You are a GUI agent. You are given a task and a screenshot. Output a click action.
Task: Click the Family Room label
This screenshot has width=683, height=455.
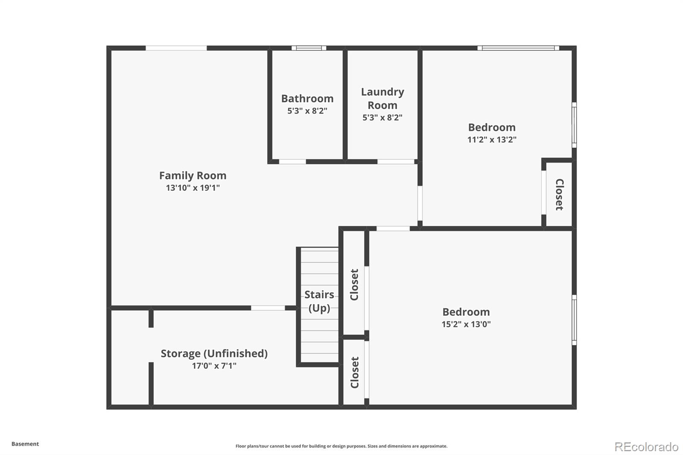[193, 176]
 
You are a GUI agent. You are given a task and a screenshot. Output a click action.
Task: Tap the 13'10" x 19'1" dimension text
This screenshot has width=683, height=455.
[193, 188]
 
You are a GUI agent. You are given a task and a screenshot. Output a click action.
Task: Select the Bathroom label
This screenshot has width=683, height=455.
[307, 99]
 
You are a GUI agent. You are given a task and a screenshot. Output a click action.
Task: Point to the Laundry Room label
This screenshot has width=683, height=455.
[382, 99]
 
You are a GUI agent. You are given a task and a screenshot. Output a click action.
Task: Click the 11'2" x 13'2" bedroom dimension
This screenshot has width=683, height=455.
[492, 140]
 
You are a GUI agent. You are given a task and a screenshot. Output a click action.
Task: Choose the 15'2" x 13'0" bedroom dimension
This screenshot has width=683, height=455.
[466, 324]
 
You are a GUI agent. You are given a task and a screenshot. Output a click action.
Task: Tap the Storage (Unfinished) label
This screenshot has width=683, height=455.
[214, 353]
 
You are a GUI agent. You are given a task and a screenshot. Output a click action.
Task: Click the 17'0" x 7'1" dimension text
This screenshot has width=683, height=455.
[214, 366]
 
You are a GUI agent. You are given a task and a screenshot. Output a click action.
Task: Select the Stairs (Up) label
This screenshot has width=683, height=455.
[319, 301]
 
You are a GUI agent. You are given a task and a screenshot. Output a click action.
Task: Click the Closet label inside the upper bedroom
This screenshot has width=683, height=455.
[560, 195]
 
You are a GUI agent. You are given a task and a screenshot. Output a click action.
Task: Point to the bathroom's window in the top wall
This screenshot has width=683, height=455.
[309, 48]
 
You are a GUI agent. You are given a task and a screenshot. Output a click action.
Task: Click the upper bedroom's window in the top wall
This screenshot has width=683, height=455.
[518, 48]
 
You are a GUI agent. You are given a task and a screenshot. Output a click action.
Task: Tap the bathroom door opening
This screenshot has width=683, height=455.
[292, 162]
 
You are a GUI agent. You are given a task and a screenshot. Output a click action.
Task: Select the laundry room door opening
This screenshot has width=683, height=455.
[396, 162]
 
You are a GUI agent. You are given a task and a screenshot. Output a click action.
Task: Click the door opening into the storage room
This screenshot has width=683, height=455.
[268, 308]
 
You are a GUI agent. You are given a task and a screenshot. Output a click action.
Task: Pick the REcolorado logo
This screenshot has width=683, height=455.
[647, 447]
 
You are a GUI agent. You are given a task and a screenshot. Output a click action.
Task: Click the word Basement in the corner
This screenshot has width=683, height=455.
[25, 444]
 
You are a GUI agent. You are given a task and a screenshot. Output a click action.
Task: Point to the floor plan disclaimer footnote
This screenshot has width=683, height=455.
[341, 446]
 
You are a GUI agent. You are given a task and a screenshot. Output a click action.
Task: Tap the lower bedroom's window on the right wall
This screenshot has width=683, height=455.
[574, 320]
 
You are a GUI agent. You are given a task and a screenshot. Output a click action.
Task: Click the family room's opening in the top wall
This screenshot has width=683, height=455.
[176, 48]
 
